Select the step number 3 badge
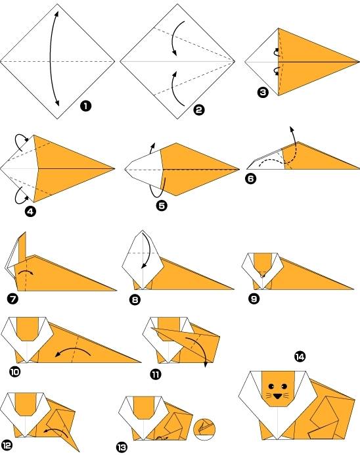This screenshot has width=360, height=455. (263, 93)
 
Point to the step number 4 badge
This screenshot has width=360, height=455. (29, 211)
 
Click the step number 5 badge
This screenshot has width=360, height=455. (162, 206)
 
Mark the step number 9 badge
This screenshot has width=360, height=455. (250, 298)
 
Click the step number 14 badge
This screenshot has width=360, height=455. (300, 356)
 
